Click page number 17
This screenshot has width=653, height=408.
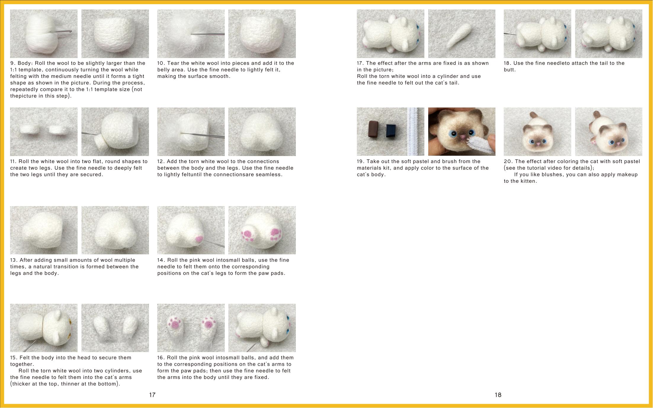pyautogui.click(x=152, y=395)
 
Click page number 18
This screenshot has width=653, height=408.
pyautogui.click(x=498, y=395)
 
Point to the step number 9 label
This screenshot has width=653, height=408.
pyautogui.click(x=13, y=63)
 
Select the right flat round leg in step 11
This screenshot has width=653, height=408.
pyautogui.click(x=59, y=129)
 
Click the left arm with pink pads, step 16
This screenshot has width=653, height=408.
pyautogui.click(x=177, y=330)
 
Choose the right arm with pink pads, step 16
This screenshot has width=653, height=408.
pyautogui.click(x=209, y=330)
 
